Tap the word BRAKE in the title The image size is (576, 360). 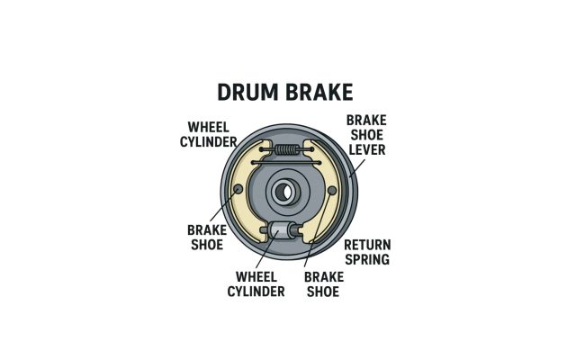(319, 92)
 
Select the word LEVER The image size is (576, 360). (367, 150)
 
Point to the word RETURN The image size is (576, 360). (367, 245)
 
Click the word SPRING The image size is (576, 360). (367, 260)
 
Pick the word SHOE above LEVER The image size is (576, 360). (367, 135)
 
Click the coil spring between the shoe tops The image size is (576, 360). (287, 149)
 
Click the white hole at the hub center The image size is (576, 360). (287, 192)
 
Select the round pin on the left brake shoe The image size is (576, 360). (238, 189)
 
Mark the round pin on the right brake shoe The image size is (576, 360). (332, 190)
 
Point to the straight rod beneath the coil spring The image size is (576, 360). (286, 162)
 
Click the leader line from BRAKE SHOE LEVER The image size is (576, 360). (357, 168)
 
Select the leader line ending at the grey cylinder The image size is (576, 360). (267, 249)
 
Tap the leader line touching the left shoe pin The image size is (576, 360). (222, 206)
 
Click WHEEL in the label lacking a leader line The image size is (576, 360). (209, 128)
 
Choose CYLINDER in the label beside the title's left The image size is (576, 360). (209, 142)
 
